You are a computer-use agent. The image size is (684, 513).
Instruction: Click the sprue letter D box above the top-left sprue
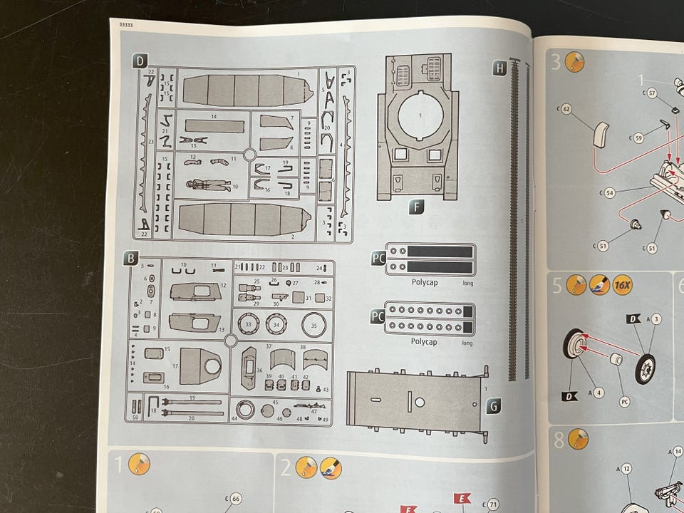[x=140, y=61]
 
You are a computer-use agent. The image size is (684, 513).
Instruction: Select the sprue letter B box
[x=130, y=259]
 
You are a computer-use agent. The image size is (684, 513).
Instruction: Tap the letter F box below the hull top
[x=418, y=207]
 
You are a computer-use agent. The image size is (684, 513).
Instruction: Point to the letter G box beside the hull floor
[x=493, y=405]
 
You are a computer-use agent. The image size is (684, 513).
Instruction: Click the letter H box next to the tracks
[x=499, y=68]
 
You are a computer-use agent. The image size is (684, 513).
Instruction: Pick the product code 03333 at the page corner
[x=126, y=25]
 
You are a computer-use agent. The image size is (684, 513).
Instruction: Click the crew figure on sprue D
[x=208, y=185]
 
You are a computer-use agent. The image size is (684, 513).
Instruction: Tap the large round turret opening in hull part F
[x=420, y=114]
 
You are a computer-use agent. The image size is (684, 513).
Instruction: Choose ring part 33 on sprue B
[x=248, y=324]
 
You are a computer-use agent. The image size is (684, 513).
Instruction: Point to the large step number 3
[x=556, y=62]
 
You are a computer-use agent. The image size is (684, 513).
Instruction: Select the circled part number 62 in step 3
[x=566, y=109]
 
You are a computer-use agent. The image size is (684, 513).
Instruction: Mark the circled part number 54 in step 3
[x=609, y=192]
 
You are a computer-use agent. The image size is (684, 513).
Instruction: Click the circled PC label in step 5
[x=624, y=401]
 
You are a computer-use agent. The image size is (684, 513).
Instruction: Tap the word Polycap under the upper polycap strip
[x=425, y=282]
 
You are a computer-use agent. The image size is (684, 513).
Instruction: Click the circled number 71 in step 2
[x=493, y=504]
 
